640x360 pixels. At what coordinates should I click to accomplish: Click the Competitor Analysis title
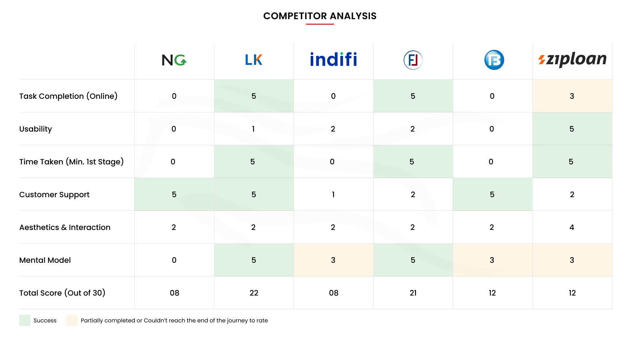[x=320, y=16]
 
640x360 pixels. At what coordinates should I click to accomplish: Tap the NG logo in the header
[x=174, y=60]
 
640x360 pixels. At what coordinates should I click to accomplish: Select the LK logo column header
[x=254, y=60]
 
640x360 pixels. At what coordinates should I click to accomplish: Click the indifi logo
[x=333, y=60]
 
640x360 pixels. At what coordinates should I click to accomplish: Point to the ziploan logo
[x=572, y=60]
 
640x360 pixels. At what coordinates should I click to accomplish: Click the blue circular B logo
[x=494, y=60]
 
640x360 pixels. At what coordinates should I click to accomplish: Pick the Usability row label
[x=36, y=129]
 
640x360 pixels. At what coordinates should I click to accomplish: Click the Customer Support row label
[x=54, y=194]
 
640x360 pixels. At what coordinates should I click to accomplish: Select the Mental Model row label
[x=45, y=260]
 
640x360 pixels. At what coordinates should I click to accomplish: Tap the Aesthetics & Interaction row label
[x=65, y=227]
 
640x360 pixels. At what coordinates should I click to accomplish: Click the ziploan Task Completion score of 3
[x=572, y=96]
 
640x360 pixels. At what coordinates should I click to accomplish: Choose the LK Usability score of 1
[x=253, y=129]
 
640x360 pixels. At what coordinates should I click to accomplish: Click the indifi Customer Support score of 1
[x=333, y=194]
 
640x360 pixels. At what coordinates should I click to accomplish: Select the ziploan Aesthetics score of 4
[x=572, y=227]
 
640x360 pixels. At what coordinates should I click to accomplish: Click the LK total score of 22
[x=254, y=293]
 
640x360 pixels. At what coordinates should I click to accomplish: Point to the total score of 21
[x=413, y=293]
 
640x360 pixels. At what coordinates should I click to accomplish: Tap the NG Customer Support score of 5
[x=174, y=194]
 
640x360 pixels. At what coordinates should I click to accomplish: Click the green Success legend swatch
[x=25, y=320]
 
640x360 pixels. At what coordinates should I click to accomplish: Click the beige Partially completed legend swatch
[x=72, y=320]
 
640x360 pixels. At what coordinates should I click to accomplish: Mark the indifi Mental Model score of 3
[x=333, y=260]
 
